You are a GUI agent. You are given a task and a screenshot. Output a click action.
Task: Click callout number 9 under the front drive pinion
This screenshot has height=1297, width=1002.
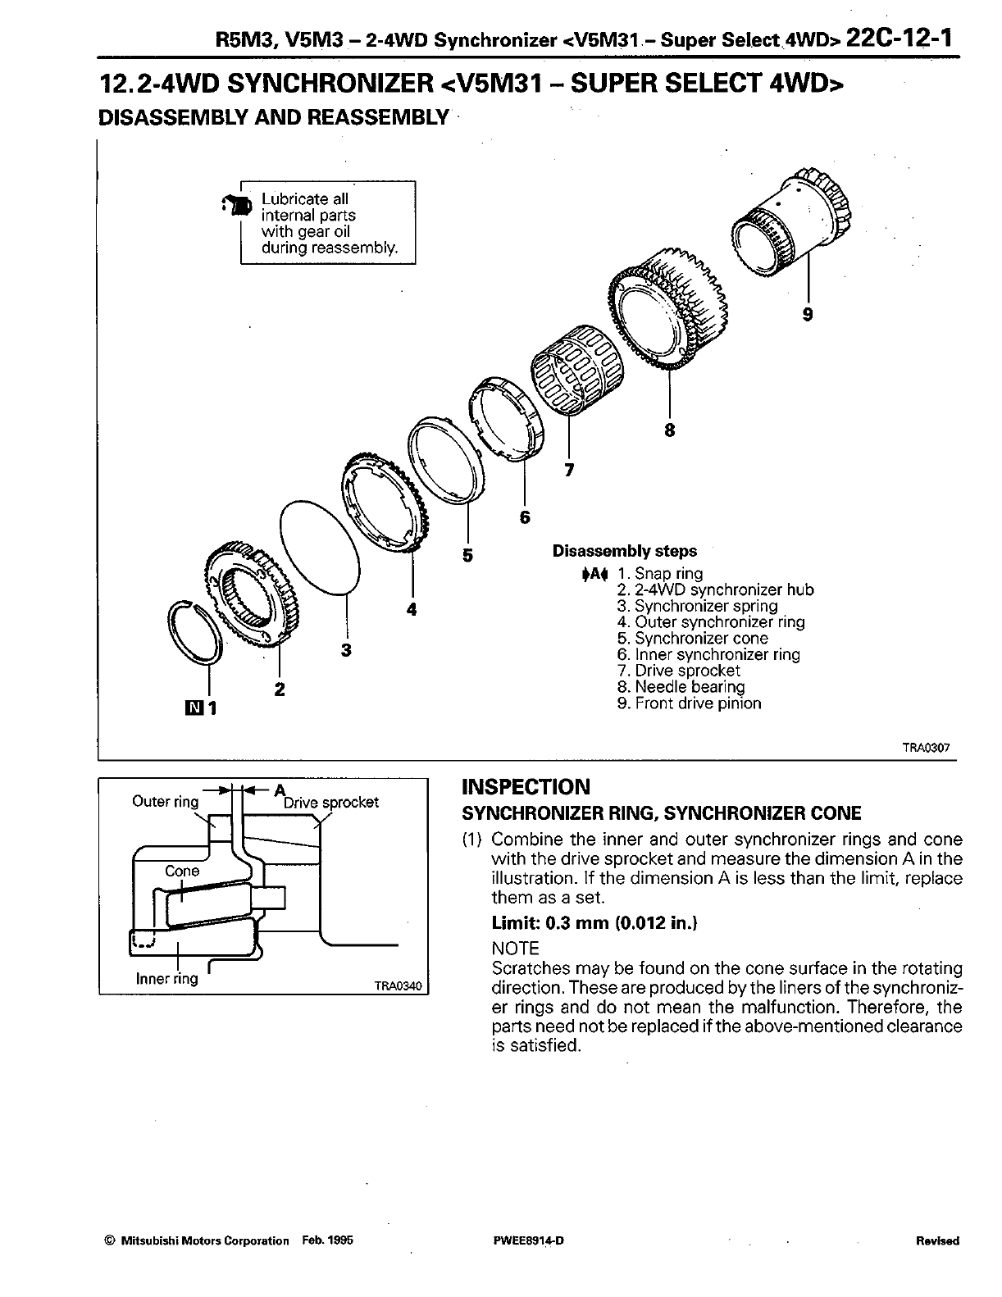click(808, 313)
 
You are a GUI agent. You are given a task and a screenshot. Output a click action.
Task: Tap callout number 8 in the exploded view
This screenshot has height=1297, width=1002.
click(669, 429)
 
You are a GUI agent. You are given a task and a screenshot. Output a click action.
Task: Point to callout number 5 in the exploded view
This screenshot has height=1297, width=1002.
click(467, 555)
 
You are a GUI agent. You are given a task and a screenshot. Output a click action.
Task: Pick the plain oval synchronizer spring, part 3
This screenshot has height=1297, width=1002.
click(318, 544)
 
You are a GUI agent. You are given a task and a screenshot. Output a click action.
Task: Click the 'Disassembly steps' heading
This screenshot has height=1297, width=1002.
click(624, 551)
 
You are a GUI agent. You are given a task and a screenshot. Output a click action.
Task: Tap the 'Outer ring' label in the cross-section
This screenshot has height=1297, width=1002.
click(166, 802)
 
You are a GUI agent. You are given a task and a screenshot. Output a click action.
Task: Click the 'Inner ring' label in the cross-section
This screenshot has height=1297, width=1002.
click(167, 978)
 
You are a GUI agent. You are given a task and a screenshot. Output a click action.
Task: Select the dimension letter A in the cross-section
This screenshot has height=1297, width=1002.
click(278, 790)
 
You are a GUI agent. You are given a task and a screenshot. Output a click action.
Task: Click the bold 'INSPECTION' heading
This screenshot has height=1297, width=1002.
click(526, 788)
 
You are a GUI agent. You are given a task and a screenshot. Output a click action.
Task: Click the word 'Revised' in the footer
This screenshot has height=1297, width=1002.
click(936, 1240)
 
